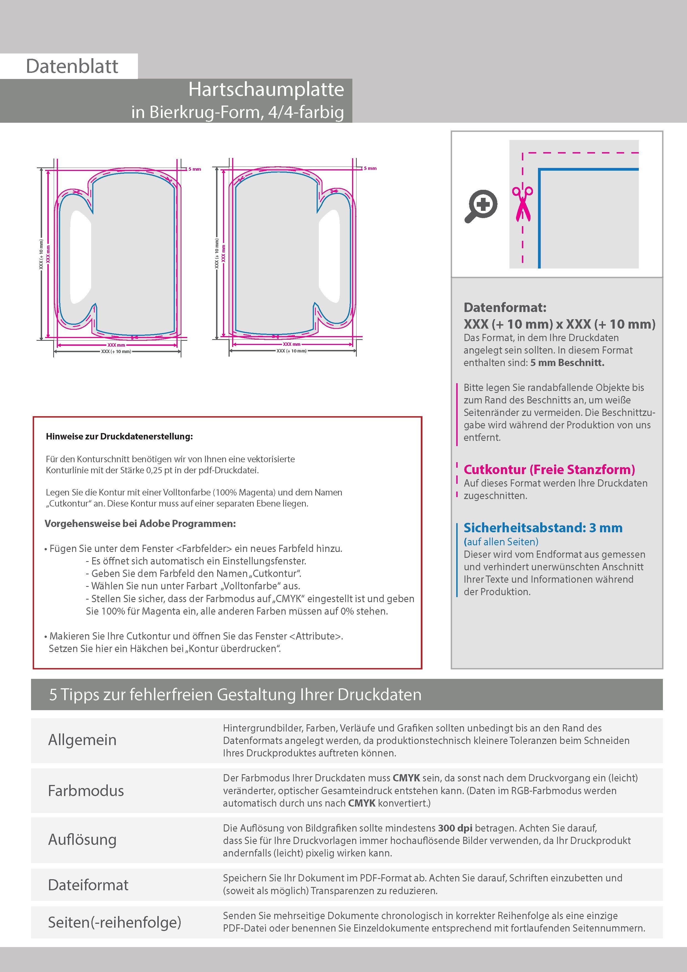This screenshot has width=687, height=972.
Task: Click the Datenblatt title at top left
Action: click(72, 66)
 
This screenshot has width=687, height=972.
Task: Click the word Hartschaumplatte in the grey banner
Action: click(266, 89)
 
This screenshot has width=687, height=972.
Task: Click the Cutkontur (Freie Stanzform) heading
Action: click(549, 469)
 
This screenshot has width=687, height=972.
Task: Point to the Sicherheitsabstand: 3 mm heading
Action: click(543, 528)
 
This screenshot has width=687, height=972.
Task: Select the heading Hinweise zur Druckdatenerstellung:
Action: click(119, 436)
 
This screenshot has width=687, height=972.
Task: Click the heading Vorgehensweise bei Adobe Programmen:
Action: click(140, 524)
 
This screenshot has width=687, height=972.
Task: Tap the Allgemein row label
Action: click(82, 740)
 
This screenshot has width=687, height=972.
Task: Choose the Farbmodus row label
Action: click(86, 791)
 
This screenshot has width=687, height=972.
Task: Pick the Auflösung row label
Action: click(82, 840)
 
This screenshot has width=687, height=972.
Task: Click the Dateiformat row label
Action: click(88, 885)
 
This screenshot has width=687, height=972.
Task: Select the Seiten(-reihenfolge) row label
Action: click(114, 922)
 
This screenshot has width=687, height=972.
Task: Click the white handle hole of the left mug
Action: click(80, 257)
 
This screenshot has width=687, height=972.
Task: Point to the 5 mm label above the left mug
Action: click(195, 169)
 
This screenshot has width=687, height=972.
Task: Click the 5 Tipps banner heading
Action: click(235, 695)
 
